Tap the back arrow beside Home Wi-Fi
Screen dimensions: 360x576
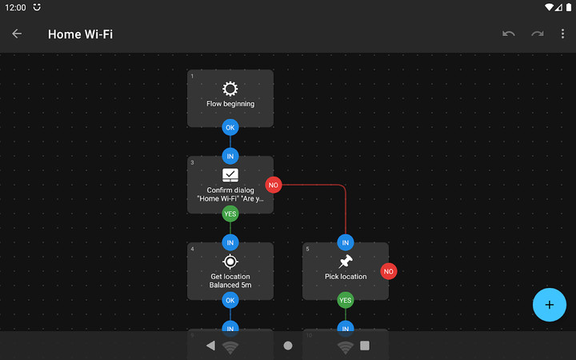[17, 34]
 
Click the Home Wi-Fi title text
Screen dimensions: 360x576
[80, 34]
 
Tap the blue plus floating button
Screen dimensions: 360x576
[549, 304]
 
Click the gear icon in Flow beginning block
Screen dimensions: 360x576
[230, 88]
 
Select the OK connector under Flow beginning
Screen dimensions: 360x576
[230, 127]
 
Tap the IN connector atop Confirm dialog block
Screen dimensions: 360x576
[230, 156]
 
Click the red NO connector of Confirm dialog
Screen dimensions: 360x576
[274, 185]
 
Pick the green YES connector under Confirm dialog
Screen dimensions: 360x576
[230, 214]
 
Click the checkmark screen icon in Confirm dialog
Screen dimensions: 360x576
[230, 175]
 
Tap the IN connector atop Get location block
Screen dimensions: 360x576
[230, 242]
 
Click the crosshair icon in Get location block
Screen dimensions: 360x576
[230, 262]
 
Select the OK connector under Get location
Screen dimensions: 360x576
[230, 300]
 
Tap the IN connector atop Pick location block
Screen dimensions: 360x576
[346, 242]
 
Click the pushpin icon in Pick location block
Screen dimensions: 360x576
[346, 262]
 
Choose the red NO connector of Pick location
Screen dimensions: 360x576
[389, 271]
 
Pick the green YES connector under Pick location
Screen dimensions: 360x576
[346, 300]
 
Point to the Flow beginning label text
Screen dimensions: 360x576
[230, 104]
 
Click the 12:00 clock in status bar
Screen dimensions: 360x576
[14, 7]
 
